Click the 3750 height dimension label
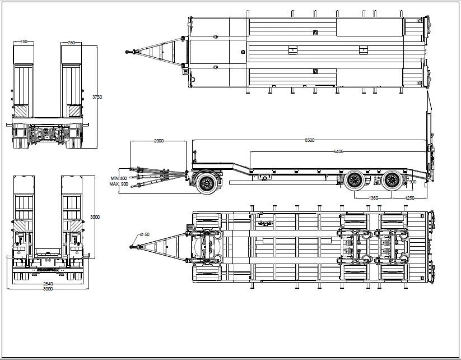pyautogui.click(x=97, y=96)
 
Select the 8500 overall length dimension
pyautogui.click(x=309, y=140)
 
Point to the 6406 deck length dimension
pyautogui.click(x=338, y=151)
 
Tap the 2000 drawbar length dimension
pyautogui.click(x=159, y=141)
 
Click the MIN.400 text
pyautogui.click(x=119, y=178)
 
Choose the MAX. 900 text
pyautogui.click(x=119, y=184)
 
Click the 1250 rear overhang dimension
pyautogui.click(x=409, y=199)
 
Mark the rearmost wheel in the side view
pyautogui.click(x=392, y=179)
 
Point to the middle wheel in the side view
pyautogui.click(x=353, y=179)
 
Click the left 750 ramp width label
pyautogui.click(x=24, y=42)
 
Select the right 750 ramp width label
pyautogui.click(x=72, y=42)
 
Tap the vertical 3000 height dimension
pyautogui.click(x=95, y=216)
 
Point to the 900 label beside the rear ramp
pyautogui.click(x=413, y=181)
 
